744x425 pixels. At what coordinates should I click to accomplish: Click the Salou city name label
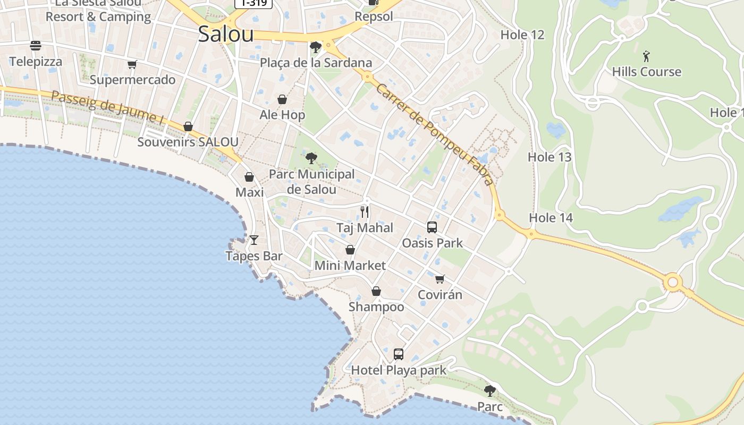(225, 34)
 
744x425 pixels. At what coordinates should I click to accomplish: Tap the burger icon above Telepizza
(36, 46)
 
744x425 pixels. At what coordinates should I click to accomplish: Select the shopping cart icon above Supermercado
(132, 65)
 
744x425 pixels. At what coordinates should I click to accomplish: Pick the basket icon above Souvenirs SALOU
(188, 126)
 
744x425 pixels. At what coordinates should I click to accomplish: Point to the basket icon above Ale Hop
(282, 99)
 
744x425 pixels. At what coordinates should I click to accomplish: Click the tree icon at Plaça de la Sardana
(315, 47)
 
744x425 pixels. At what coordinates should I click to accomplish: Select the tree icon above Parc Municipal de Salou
(311, 158)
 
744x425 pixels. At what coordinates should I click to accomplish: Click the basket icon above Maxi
(249, 177)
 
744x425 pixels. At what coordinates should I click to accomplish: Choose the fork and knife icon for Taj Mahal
(365, 212)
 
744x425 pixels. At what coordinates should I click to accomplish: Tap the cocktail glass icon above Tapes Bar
(254, 240)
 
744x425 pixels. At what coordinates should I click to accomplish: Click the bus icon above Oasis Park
(432, 227)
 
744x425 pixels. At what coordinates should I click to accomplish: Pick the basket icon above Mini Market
(350, 250)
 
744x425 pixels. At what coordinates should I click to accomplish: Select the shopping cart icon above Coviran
(439, 279)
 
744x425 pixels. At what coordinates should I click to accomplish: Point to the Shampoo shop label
(376, 307)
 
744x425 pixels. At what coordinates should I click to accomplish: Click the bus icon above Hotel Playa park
(399, 354)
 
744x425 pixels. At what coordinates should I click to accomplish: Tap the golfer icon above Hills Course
(646, 56)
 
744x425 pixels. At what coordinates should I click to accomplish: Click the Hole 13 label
(549, 157)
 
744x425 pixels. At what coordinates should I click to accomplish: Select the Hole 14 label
(551, 218)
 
